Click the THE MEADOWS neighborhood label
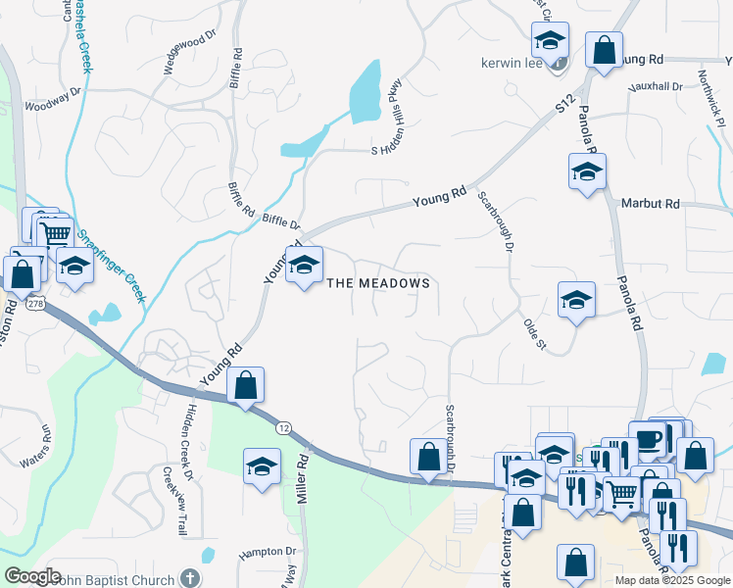[x=377, y=283]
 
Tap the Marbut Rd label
[x=650, y=204]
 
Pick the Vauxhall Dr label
[x=658, y=87]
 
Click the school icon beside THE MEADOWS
[x=304, y=264]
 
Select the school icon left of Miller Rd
[x=262, y=466]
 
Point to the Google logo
[x=31, y=576]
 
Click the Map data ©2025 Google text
[x=671, y=580]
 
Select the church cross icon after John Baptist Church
[x=189, y=579]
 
